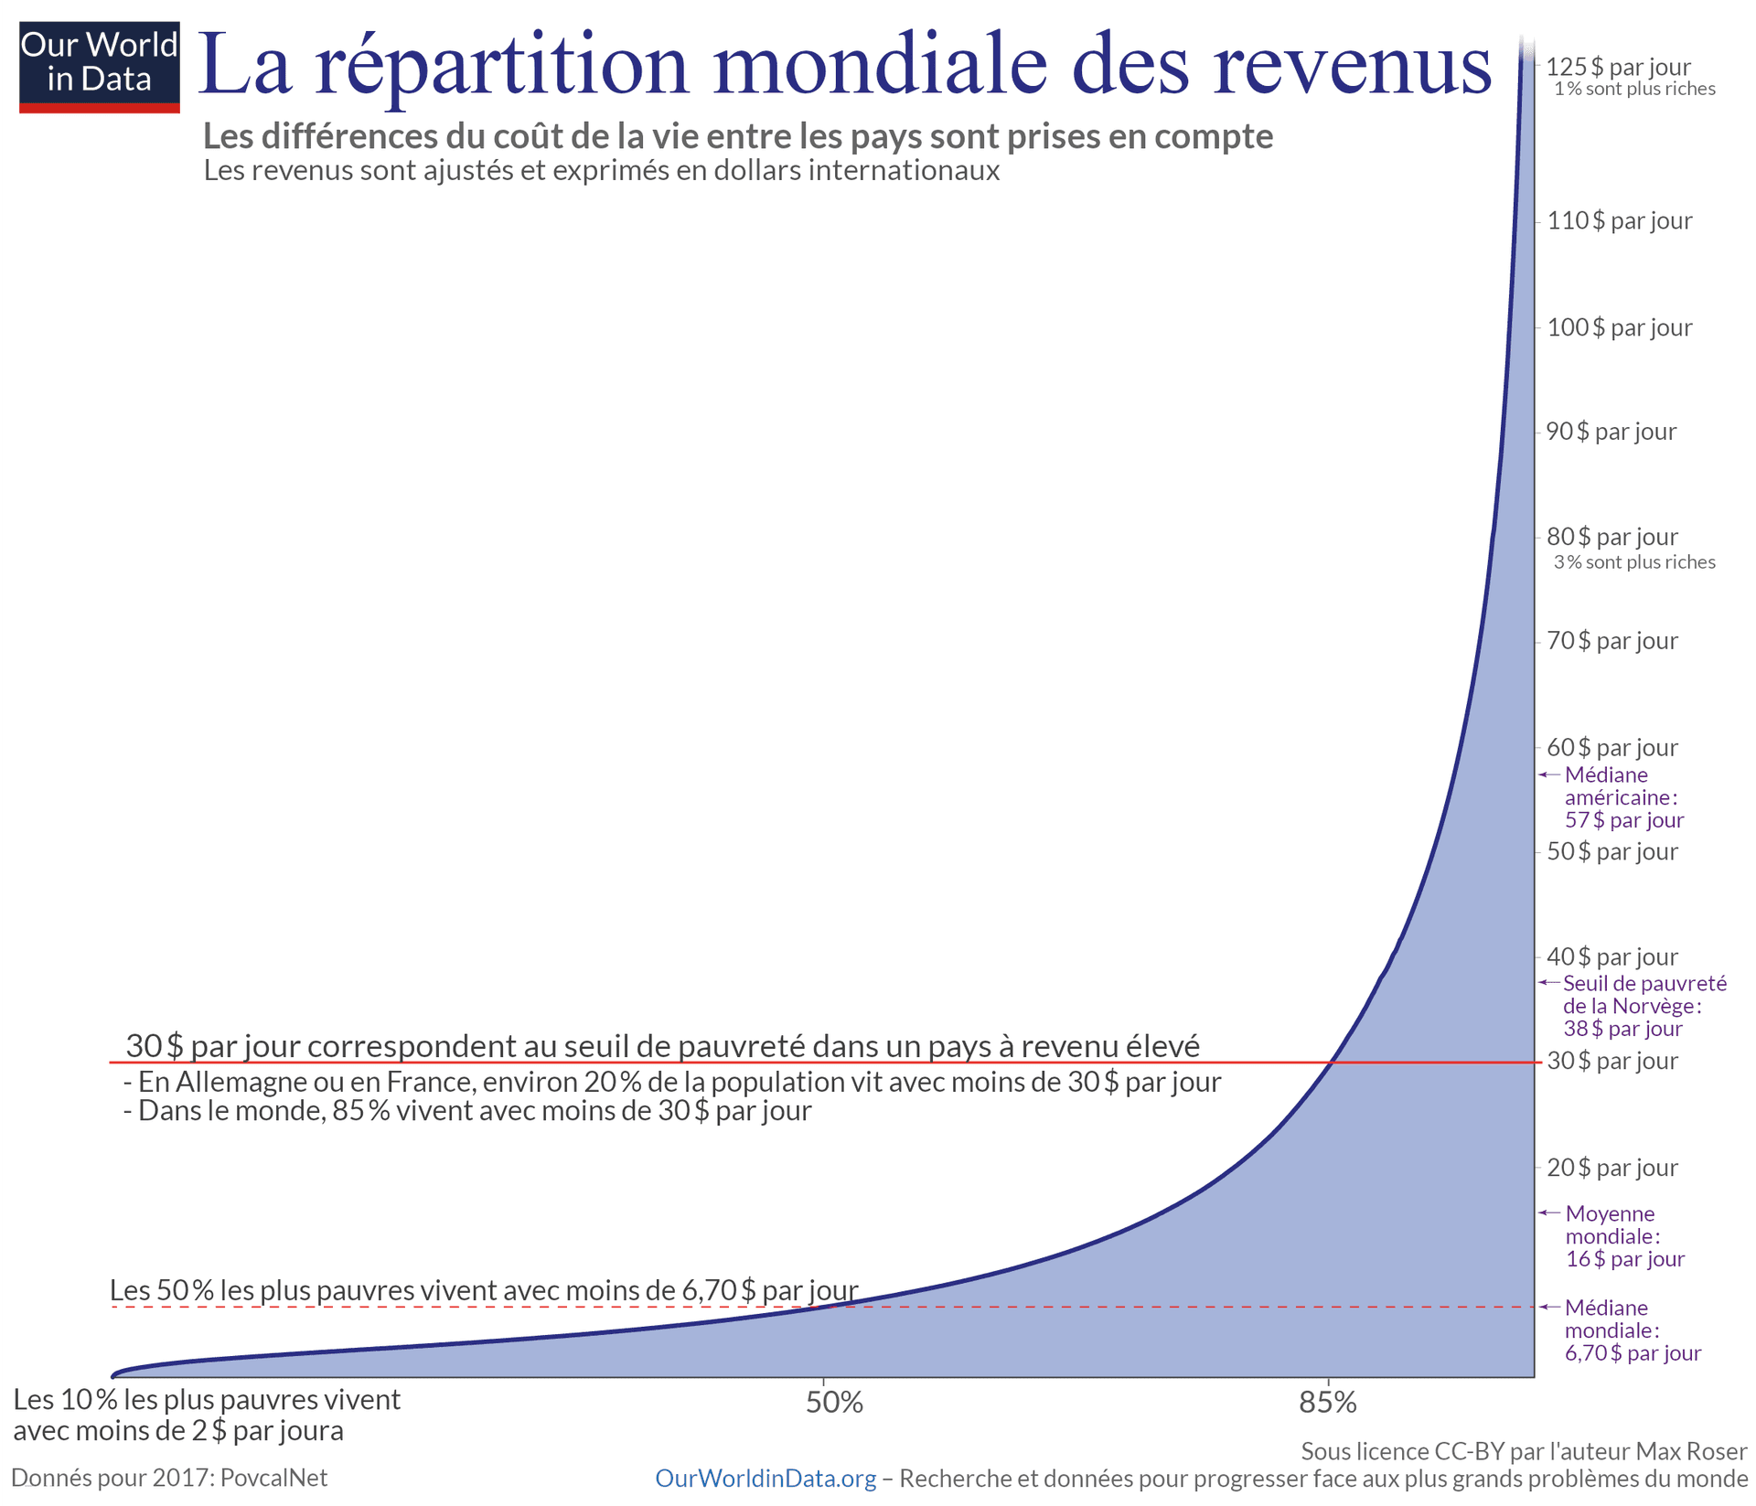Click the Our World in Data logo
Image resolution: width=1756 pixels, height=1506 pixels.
[x=99, y=66]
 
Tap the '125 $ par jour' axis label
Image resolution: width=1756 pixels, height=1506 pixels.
[x=1618, y=67]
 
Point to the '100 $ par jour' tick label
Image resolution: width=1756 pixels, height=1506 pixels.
[x=1619, y=327]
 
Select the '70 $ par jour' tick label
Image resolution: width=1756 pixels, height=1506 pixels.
[x=1611, y=641]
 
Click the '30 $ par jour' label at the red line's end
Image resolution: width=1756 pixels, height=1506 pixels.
[x=1611, y=1062]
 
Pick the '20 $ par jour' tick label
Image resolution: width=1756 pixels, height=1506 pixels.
[x=1611, y=1168]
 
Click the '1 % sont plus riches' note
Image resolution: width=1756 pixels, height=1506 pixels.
[x=1634, y=90]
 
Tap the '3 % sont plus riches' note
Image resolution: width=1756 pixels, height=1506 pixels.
[x=1634, y=562]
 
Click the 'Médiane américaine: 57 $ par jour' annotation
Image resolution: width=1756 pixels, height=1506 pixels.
[x=1623, y=797]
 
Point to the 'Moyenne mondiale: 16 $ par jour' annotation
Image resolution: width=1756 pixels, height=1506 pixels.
[x=1623, y=1236]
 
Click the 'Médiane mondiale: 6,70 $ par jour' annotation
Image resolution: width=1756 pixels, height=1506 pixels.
[x=1632, y=1330]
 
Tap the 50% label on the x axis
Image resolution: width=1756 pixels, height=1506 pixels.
[x=834, y=1403]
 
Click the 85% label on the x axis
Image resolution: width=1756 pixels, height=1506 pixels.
[x=1328, y=1403]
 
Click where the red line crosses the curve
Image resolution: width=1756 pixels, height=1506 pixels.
[x=1333, y=1063]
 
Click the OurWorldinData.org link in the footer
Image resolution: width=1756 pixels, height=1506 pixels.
[x=766, y=1479]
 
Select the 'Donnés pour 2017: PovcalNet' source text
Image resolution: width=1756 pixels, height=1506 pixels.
[x=169, y=1478]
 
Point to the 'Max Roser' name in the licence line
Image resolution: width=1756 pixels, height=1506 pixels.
[x=1691, y=1451]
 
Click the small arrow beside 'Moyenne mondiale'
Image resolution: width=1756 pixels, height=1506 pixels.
[x=1548, y=1212]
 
